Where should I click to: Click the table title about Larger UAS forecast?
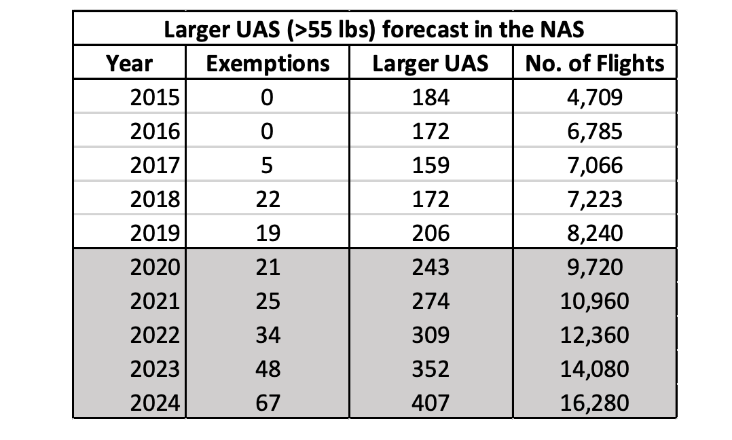pos(375,31)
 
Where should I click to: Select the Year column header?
pos(129,64)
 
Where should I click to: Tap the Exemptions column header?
pos(268,64)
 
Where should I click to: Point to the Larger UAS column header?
pos(431,64)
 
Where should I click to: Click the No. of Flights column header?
pos(595,64)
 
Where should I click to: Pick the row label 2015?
pos(155,97)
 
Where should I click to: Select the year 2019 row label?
pos(155,233)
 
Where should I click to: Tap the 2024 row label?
pos(155,403)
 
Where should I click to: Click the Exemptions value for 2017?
pos(267,165)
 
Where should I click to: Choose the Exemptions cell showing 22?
pos(267,199)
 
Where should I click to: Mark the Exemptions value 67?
pos(267,403)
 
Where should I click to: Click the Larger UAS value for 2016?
pos(431,131)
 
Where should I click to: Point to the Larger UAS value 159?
pos(431,165)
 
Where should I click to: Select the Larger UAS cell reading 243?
pos(431,267)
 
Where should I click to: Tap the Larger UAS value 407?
pos(431,403)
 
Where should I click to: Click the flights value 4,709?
pos(594,97)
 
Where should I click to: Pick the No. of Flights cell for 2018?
pos(594,199)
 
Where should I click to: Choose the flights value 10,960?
pos(594,301)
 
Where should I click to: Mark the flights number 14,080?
pos(594,369)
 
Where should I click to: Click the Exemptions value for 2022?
pos(267,335)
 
